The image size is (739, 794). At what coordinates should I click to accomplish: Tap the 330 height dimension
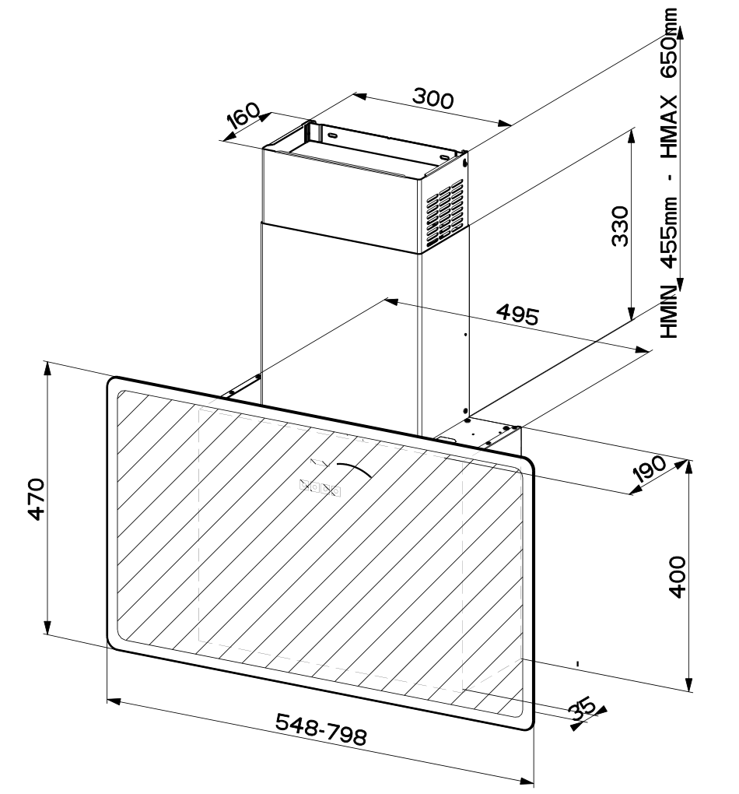(619, 227)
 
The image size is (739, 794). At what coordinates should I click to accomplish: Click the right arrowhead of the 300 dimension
(507, 123)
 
